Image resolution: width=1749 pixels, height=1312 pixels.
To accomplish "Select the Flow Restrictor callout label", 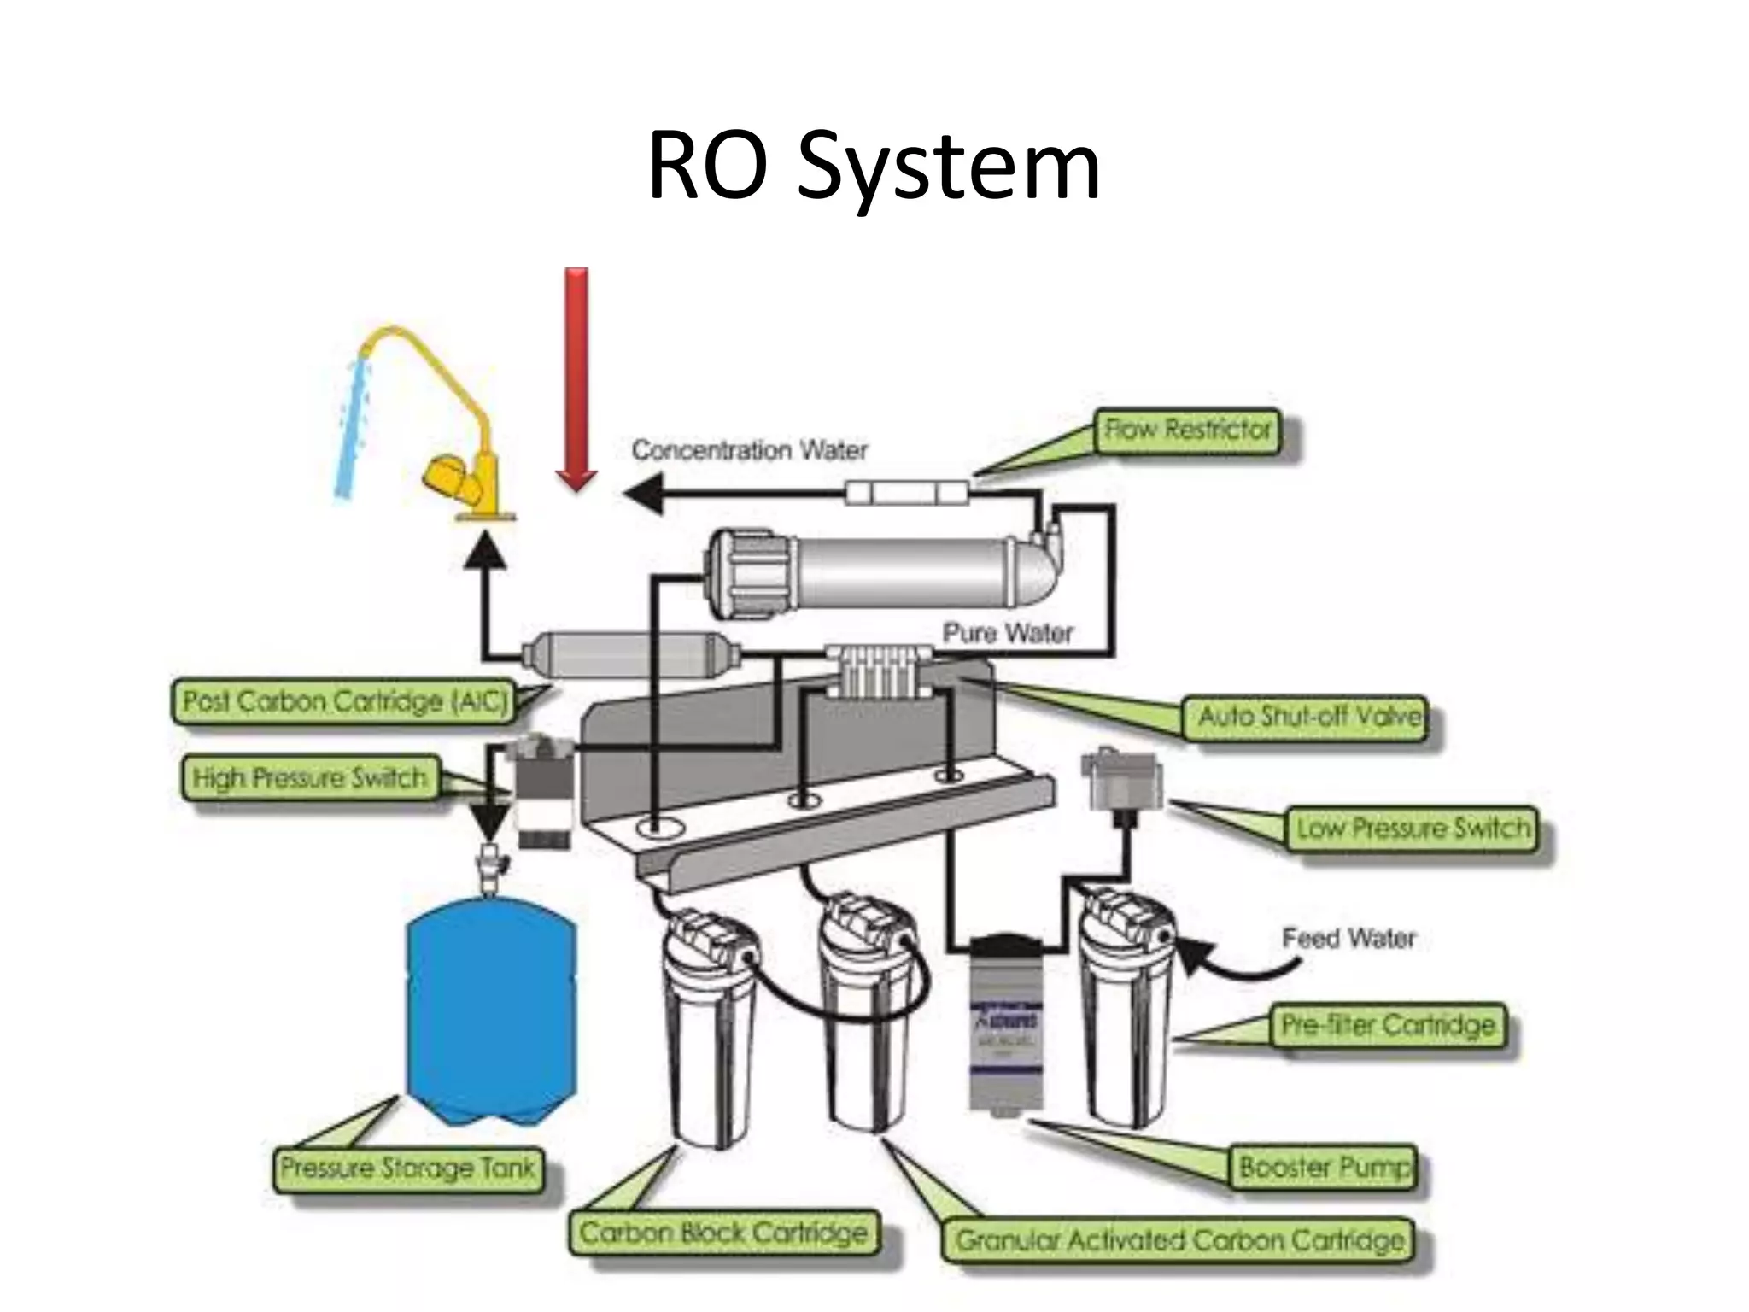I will point(1188,430).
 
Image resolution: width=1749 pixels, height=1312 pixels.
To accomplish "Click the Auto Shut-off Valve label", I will point(1308,716).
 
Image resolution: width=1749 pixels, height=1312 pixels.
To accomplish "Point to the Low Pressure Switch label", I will point(1413,828).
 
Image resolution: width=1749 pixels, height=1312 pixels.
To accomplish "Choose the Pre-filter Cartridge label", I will point(1389,1025).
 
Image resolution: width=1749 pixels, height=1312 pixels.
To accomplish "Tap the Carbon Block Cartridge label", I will point(723,1233).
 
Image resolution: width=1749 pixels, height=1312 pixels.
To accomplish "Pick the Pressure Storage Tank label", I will point(408,1168).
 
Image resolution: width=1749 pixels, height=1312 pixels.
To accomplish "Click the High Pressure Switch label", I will point(309,777).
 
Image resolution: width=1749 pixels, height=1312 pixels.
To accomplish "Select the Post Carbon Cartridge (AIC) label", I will point(345,701).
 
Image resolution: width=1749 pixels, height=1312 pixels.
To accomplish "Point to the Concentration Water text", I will point(749,450).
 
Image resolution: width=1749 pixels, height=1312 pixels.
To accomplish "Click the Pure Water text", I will point(1008,633).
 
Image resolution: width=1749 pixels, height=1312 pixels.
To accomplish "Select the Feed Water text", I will point(1348,939).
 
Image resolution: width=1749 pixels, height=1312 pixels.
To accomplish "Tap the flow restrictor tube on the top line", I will point(907,493).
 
